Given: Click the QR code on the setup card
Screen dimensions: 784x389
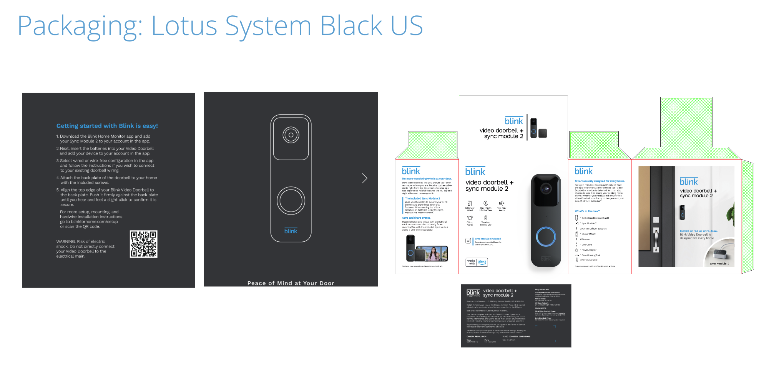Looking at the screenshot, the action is coord(143,244).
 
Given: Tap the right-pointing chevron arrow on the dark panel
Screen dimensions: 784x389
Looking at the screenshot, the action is coord(364,178).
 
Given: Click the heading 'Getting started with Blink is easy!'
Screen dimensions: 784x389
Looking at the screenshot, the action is coord(107,126).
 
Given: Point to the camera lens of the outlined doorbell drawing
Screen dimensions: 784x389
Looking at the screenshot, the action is coord(291,135).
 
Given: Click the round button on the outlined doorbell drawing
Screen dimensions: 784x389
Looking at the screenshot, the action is coord(291,200).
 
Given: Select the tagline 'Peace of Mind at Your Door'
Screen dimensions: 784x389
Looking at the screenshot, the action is coord(291,283).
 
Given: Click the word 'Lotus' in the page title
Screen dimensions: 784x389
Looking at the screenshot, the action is coord(184,26).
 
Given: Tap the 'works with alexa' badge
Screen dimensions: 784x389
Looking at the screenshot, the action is coord(477,262).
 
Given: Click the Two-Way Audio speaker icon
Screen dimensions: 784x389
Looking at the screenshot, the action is coord(502,203).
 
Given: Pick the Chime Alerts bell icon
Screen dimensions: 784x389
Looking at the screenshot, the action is coord(470,218).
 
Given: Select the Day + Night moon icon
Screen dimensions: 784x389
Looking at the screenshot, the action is coord(486,203).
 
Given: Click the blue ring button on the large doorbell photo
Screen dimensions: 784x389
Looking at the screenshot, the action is coord(546,236).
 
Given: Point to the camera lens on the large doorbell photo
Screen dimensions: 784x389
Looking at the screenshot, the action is coord(546,188).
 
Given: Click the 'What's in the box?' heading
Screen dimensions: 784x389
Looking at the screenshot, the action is coord(587,211).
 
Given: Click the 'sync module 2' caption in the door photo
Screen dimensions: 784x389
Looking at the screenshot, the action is coord(719,264).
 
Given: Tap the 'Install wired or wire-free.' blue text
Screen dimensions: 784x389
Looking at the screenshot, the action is coord(698,231).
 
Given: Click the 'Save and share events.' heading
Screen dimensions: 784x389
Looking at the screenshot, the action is coord(416,218).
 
